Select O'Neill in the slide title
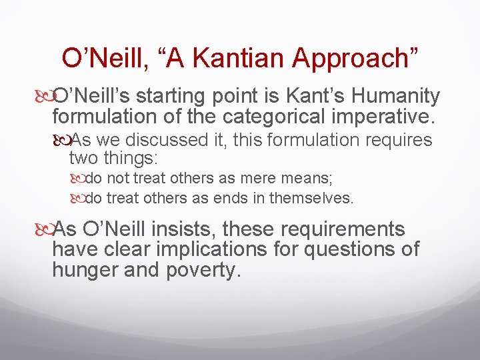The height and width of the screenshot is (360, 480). click(x=103, y=58)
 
